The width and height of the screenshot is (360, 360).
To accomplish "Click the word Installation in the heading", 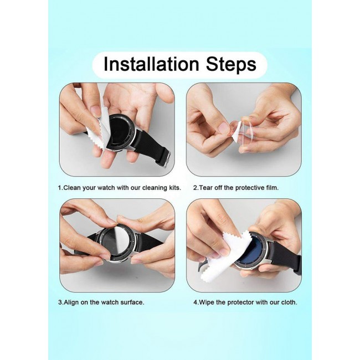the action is pyautogui.click(x=151, y=64).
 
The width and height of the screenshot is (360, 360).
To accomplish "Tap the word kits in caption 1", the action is pyautogui.click(x=176, y=188).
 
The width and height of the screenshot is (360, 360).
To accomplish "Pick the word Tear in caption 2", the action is pyautogui.click(x=206, y=188).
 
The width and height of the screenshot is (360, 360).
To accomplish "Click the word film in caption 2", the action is pyautogui.click(x=272, y=188).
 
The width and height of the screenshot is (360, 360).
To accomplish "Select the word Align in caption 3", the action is pyautogui.click(x=71, y=302).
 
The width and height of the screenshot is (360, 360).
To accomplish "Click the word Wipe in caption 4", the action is pyautogui.click(x=207, y=302).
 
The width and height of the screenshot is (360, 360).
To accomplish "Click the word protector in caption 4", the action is pyautogui.click(x=240, y=302).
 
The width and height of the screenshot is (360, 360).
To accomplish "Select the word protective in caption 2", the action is pyautogui.click(x=250, y=188).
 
